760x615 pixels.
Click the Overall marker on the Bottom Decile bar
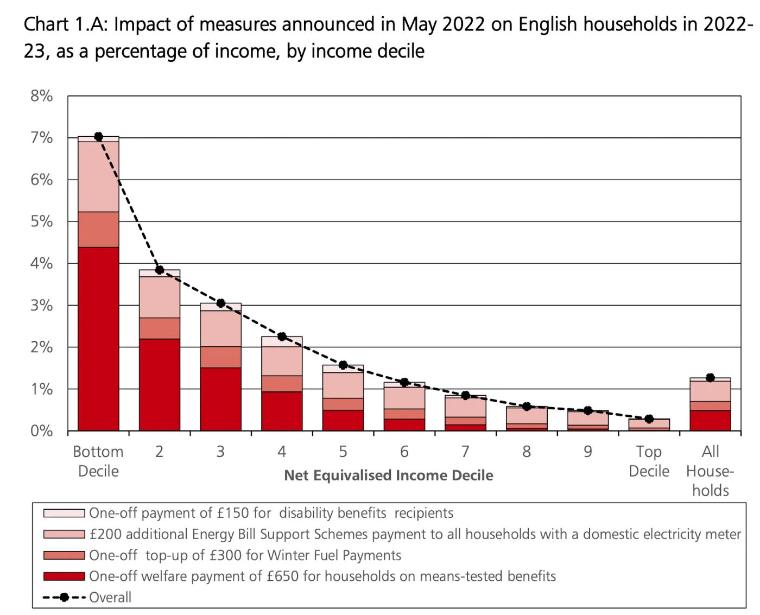[x=98, y=136]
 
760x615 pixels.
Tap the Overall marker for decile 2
[x=160, y=270]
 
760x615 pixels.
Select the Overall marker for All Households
[x=710, y=377]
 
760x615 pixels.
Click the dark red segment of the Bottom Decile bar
[x=98, y=339]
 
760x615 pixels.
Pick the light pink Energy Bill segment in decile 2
[x=160, y=297]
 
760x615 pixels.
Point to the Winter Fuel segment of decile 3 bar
[x=220, y=357]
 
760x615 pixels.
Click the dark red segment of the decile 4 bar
[x=282, y=411]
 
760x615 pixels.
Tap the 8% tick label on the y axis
[x=42, y=96]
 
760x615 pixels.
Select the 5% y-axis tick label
[x=42, y=221]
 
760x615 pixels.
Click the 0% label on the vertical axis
[x=42, y=431]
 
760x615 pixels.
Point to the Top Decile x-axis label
[x=649, y=461]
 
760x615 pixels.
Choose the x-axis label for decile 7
[x=465, y=452]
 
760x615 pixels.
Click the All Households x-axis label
[x=710, y=471]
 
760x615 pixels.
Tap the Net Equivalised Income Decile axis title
[x=389, y=475]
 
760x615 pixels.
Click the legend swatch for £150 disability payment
[x=64, y=513]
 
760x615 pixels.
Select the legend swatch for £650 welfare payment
[x=64, y=576]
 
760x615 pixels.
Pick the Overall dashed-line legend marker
[x=64, y=597]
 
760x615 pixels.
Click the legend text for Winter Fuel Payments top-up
[x=245, y=555]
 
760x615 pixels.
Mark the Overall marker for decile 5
[x=343, y=365]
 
